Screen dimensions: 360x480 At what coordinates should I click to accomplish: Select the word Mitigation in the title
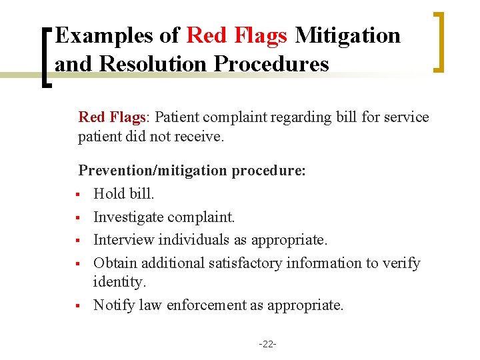point(347,35)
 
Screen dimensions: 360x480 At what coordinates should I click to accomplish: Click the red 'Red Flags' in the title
point(237,35)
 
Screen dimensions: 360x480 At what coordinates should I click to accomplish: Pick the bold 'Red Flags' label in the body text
point(112,117)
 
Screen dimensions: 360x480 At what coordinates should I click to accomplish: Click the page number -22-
point(267,344)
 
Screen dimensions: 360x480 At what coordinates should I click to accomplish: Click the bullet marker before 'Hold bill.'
point(79,195)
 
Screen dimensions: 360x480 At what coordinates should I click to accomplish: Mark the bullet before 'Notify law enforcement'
point(79,306)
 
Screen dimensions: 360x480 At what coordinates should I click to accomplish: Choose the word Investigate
point(129,217)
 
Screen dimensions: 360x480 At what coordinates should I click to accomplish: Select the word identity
point(119,282)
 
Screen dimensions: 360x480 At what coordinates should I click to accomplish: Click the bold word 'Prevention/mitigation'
point(153,171)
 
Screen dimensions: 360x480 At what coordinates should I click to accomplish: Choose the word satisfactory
point(246,263)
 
